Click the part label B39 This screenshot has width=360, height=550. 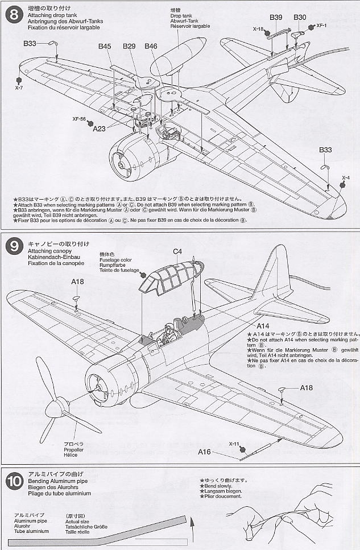click(276, 18)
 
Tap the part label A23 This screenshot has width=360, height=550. click(100, 129)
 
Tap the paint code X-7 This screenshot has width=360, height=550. click(19, 88)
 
